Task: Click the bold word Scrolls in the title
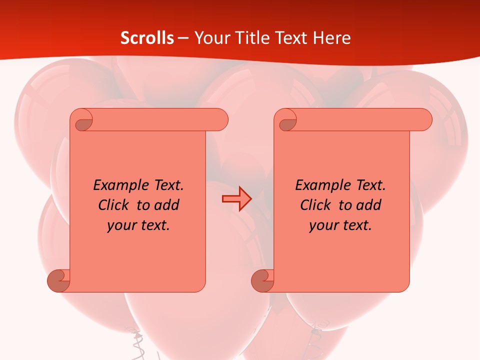pyautogui.click(x=147, y=38)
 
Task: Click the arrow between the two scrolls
pyautogui.click(x=236, y=199)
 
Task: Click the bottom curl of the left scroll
pyautogui.click(x=58, y=280)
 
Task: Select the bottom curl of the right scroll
pyautogui.click(x=262, y=280)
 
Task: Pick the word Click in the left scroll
pyautogui.click(x=114, y=205)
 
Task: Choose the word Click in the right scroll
pyautogui.click(x=316, y=205)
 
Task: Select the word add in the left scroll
pyautogui.click(x=167, y=205)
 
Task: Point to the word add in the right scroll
pyautogui.click(x=369, y=205)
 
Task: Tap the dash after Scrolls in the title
pyautogui.click(x=183, y=38)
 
